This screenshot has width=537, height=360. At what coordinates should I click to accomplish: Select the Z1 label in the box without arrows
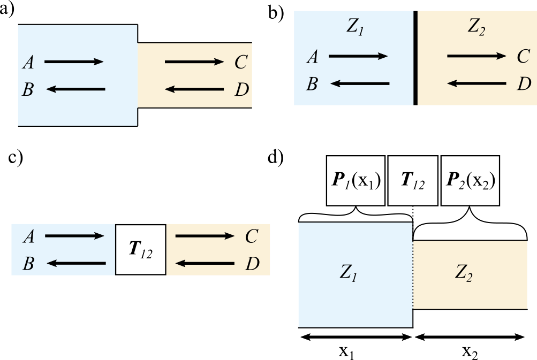(x=349, y=273)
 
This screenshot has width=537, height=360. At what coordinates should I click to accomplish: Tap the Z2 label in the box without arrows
(x=464, y=273)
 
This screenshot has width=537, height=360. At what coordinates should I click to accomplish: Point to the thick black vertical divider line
(x=415, y=58)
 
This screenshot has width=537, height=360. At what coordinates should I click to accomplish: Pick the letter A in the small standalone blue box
(x=28, y=236)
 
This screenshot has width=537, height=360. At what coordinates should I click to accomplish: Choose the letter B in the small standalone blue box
(x=28, y=264)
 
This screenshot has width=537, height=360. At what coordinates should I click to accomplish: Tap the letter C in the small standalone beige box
(x=252, y=236)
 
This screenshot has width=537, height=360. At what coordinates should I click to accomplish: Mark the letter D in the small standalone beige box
(x=252, y=264)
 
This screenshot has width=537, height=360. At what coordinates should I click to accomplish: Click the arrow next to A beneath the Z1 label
(x=358, y=56)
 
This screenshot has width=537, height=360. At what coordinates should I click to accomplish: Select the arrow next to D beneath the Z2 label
(x=476, y=83)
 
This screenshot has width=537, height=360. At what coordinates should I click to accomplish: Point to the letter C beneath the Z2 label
(x=524, y=56)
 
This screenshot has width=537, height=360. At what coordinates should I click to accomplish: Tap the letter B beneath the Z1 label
(x=312, y=84)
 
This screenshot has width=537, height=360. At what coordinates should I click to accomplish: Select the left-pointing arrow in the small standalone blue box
(x=76, y=263)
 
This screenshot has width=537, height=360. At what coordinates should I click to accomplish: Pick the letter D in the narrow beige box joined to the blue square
(x=241, y=90)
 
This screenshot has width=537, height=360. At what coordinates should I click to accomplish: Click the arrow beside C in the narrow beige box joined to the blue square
(x=194, y=62)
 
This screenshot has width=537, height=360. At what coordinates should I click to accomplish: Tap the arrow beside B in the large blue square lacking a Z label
(x=75, y=89)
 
